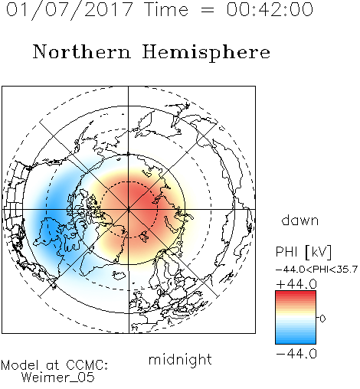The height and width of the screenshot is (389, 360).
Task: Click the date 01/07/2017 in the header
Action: [70, 10]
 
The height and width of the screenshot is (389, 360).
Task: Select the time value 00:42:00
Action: [270, 9]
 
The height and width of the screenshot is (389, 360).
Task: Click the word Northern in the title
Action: [82, 51]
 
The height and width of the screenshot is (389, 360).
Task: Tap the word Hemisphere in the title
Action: [206, 53]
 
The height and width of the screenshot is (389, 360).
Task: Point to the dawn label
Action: [300, 220]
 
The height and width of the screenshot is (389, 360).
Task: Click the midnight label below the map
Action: [180, 359]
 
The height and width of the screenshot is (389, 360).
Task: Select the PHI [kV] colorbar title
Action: [303, 252]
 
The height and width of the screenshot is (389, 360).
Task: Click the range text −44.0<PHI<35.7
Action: [316, 270]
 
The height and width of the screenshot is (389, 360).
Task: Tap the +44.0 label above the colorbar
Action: [296, 284]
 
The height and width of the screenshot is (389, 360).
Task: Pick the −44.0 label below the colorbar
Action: [296, 354]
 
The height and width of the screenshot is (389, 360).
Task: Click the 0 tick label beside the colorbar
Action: [322, 319]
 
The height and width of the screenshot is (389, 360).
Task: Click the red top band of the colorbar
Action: [296, 294]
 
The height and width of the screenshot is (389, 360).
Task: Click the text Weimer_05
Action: [58, 378]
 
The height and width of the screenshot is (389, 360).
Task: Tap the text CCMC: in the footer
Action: [87, 365]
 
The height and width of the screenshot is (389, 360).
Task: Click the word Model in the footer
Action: [21, 365]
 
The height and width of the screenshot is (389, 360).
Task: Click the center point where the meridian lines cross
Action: [129, 210]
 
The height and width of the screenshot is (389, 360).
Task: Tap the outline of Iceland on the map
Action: [119, 275]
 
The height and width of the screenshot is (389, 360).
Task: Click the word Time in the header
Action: [166, 9]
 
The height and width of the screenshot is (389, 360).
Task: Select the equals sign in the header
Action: [208, 11]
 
